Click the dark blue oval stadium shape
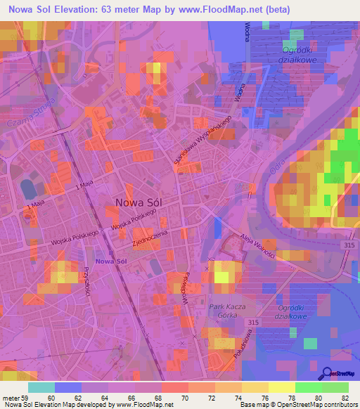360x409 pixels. tap(28, 188)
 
